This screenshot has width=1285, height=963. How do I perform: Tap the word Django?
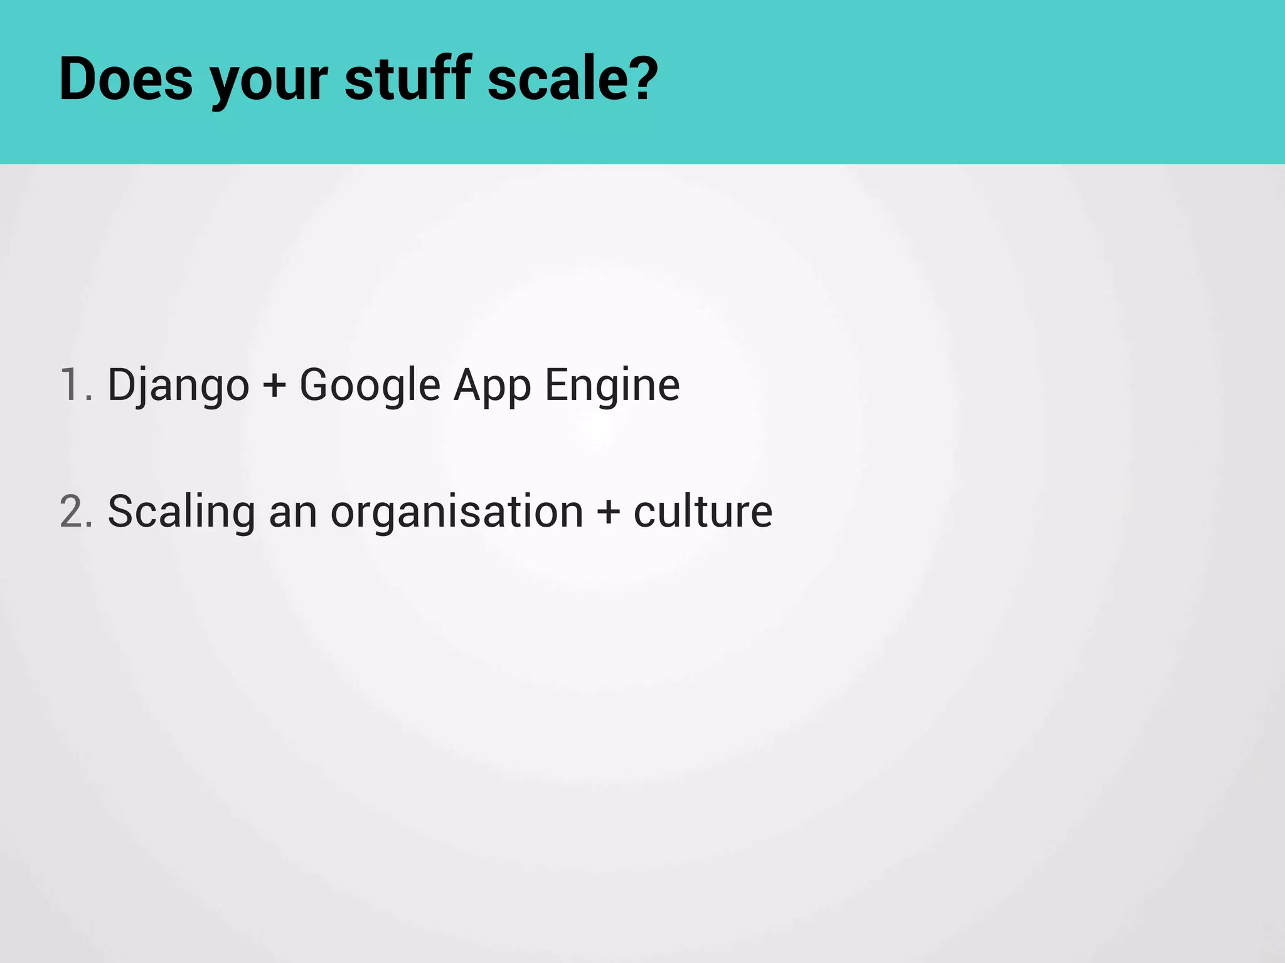[x=178, y=386]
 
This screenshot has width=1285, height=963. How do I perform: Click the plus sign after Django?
[x=274, y=386]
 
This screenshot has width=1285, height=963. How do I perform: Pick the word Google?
[x=370, y=386]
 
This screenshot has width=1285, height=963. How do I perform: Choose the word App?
[x=493, y=386]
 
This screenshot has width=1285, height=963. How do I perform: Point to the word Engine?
[x=612, y=386]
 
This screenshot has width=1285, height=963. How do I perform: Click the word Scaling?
[x=181, y=513]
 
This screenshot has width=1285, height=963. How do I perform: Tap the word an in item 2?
[x=293, y=513]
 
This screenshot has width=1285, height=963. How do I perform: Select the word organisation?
[x=457, y=513]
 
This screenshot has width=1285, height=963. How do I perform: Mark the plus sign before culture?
[x=608, y=512]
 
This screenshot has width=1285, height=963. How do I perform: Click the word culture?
[x=703, y=512]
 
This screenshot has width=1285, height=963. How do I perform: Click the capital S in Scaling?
[x=120, y=511]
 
